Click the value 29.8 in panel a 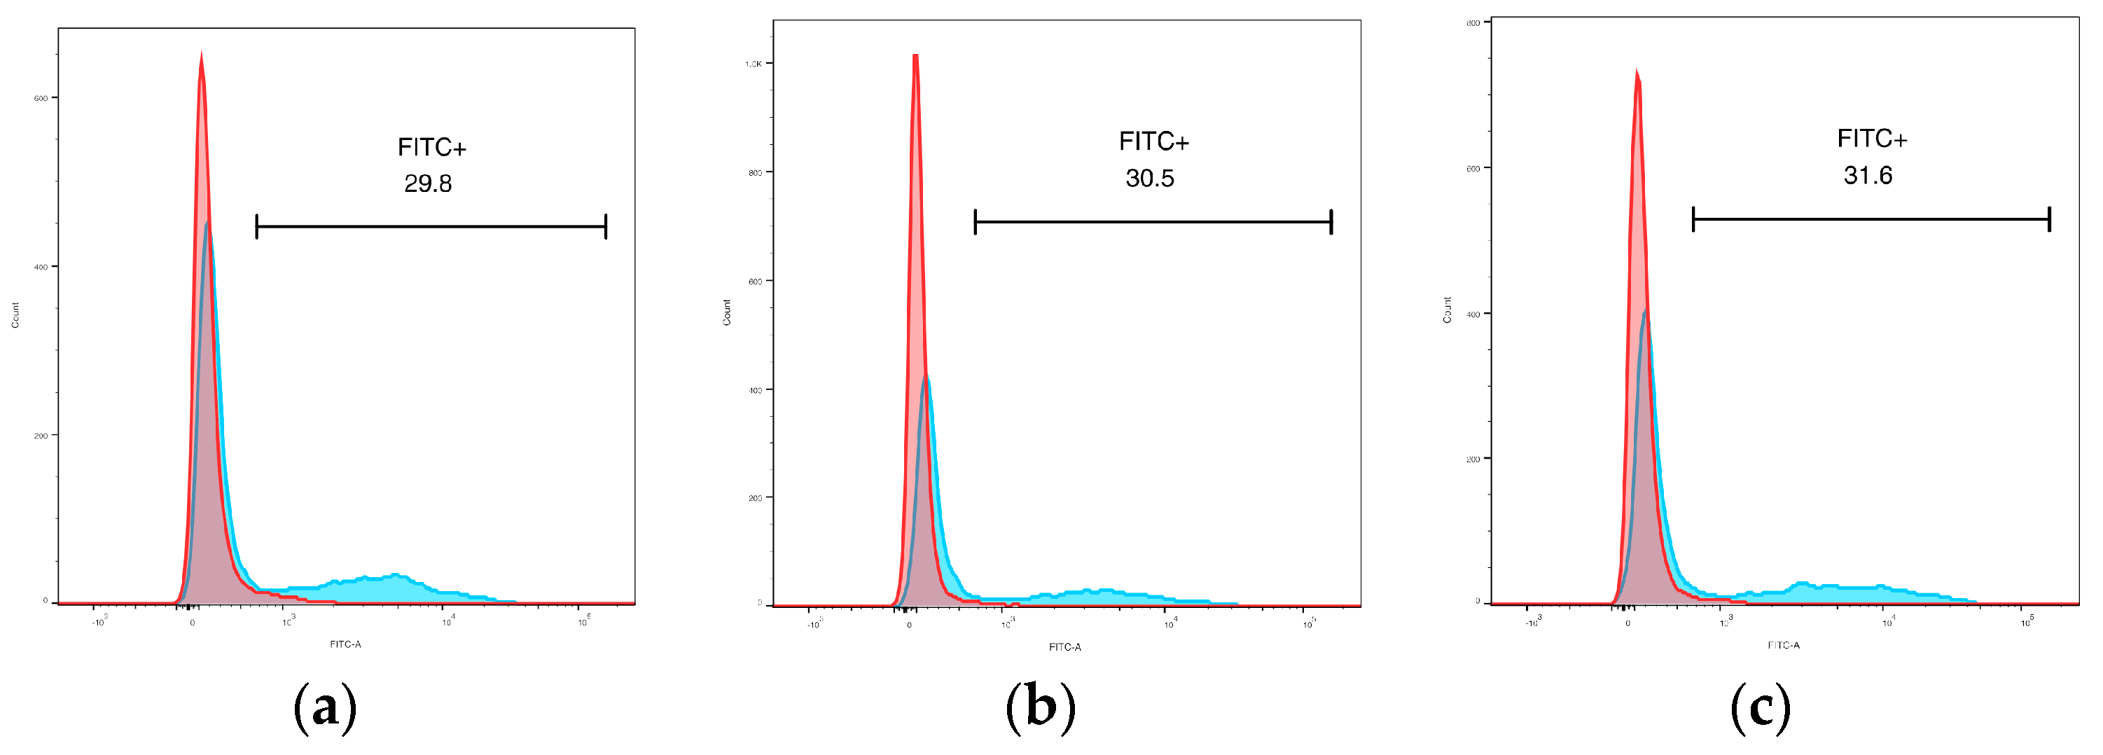[x=428, y=183]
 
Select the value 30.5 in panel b [x=1149, y=178]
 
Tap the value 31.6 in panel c [x=1868, y=176]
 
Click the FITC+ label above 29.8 [x=432, y=147]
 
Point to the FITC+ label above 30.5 [x=1153, y=141]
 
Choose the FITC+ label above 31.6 [x=1872, y=139]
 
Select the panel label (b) [x=1040, y=706]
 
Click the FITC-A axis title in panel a [x=345, y=644]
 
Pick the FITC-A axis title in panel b [x=1064, y=646]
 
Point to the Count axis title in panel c [x=1448, y=310]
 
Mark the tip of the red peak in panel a [x=201, y=53]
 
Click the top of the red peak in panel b [x=916, y=55]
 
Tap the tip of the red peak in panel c [x=1636, y=70]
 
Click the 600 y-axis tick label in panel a [x=41, y=98]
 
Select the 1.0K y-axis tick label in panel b [x=753, y=64]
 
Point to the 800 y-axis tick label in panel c [x=1473, y=23]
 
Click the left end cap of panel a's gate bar [x=257, y=226]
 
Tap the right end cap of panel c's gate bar [x=2049, y=219]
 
